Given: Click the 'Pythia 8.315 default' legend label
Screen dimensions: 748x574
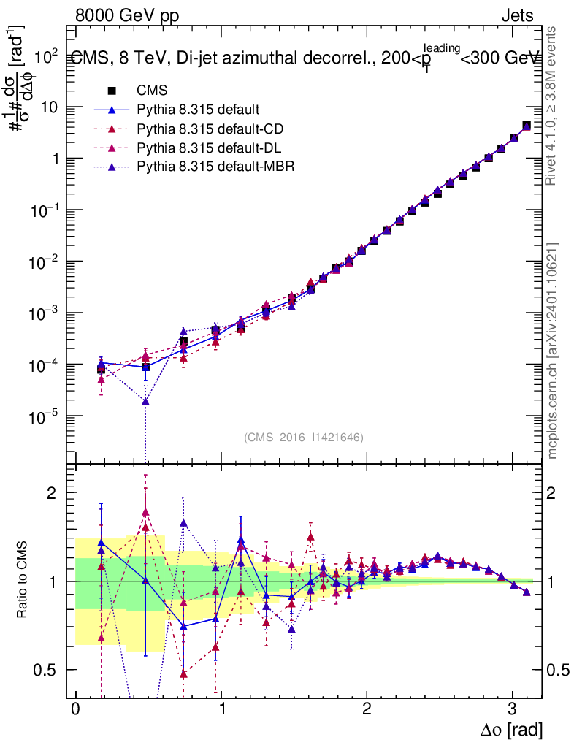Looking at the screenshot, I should (x=198, y=110).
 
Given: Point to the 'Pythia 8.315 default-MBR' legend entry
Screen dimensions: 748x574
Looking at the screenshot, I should (x=215, y=167).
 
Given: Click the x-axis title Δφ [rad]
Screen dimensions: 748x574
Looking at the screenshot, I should (x=510, y=729).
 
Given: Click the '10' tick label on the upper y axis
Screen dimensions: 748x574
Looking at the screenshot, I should (x=50, y=107).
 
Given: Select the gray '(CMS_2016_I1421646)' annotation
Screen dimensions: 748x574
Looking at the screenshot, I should (x=304, y=437).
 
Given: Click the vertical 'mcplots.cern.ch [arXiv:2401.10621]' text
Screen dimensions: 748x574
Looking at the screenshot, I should (x=554, y=351).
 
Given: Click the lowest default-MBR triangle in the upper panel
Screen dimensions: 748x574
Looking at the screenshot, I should (x=145, y=401).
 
